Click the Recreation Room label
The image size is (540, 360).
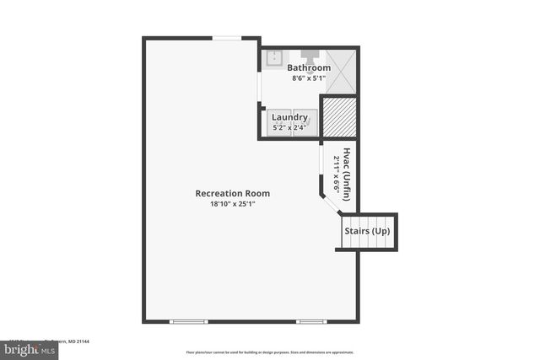click(x=233, y=193)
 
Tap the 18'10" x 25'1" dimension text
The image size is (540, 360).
click(x=233, y=204)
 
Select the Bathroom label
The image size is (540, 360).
click(x=309, y=67)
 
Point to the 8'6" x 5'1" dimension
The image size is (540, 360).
click(x=309, y=78)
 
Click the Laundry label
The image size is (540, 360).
click(x=289, y=117)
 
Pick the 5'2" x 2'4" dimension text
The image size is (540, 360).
click(x=289, y=127)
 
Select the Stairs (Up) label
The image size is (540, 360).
click(x=367, y=229)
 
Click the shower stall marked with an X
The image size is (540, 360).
click(x=343, y=71)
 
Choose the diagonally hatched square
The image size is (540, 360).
click(x=339, y=117)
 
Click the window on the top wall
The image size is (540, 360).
click(x=226, y=38)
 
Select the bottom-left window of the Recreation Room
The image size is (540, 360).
click(x=188, y=321)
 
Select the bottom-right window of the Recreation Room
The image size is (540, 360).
click(x=311, y=321)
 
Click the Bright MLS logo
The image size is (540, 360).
click(x=30, y=349)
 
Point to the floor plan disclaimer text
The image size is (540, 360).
click(x=270, y=352)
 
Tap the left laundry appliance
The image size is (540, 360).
click(x=278, y=123)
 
